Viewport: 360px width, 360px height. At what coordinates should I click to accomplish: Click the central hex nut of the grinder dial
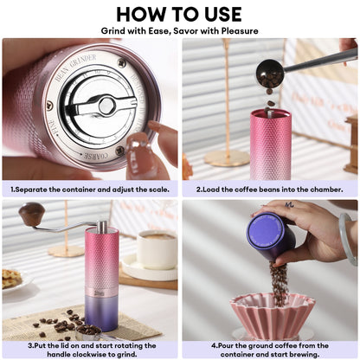106,106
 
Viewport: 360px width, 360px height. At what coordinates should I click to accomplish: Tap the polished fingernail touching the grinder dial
139,144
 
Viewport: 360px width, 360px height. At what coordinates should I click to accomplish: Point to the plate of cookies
12,278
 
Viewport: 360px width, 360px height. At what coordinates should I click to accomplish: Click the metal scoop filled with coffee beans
87,331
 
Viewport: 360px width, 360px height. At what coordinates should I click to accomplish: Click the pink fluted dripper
273,312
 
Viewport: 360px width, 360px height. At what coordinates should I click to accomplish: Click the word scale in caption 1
157,187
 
